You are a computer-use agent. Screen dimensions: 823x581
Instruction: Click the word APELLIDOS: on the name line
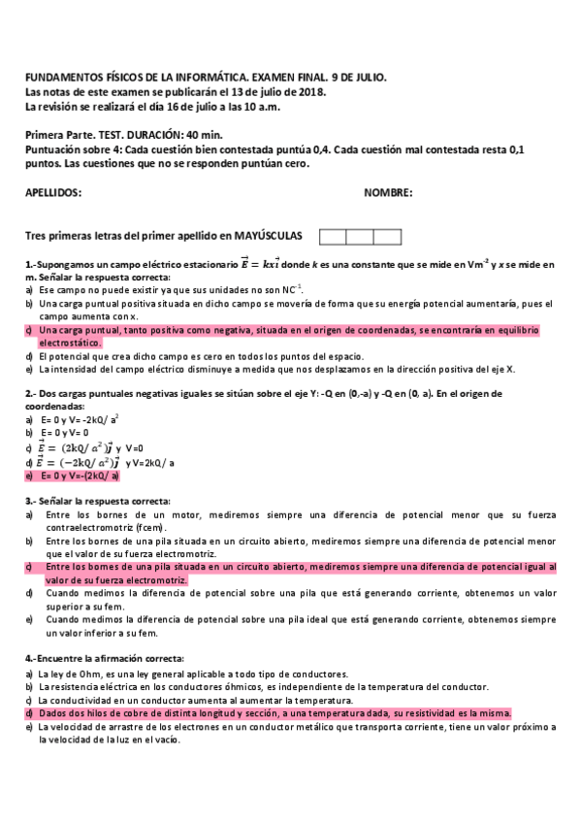53,193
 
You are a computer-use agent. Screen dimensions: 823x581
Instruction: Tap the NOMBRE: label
388,193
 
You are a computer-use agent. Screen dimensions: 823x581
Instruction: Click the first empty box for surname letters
333,237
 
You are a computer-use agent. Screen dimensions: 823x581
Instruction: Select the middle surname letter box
360,237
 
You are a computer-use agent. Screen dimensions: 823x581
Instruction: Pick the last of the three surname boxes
387,237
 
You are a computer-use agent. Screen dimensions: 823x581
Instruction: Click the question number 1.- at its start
31,263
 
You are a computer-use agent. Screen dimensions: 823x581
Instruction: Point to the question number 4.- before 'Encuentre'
31,659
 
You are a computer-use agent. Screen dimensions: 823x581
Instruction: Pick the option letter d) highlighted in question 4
30,712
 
